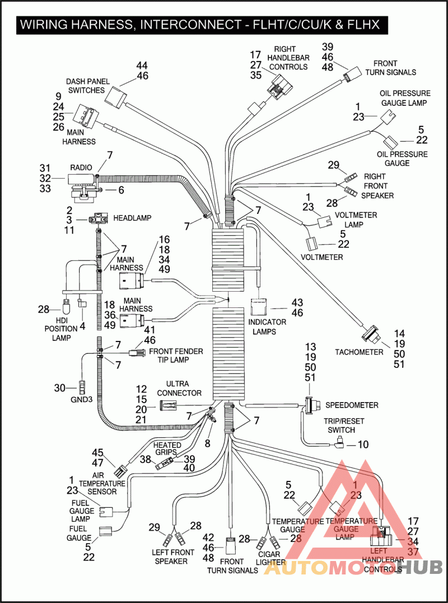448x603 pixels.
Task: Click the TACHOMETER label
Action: [359, 352]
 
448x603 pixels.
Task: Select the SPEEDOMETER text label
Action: [352, 405]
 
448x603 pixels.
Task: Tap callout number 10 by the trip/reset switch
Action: [363, 445]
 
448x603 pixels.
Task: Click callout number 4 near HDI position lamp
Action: [82, 325]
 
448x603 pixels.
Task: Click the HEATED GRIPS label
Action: [167, 448]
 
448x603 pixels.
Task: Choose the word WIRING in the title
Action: [45, 25]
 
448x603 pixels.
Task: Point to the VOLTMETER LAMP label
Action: [356, 219]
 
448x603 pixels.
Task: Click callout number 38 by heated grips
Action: [146, 459]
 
